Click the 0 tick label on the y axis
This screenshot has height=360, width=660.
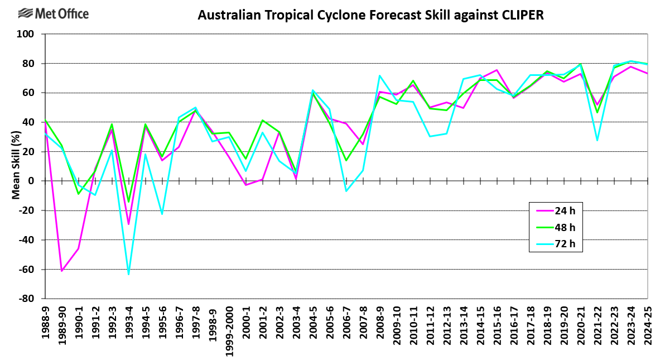coord(31,181)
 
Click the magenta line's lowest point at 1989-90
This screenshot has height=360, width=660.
coord(62,271)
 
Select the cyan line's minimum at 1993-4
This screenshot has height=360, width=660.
coord(129,274)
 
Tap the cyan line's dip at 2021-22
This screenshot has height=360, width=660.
coord(597,140)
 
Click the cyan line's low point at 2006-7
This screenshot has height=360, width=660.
coord(346,191)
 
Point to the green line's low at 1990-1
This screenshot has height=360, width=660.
coord(79,194)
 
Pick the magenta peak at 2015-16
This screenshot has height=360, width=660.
coord(497,70)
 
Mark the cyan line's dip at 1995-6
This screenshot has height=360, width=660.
coord(162,214)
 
